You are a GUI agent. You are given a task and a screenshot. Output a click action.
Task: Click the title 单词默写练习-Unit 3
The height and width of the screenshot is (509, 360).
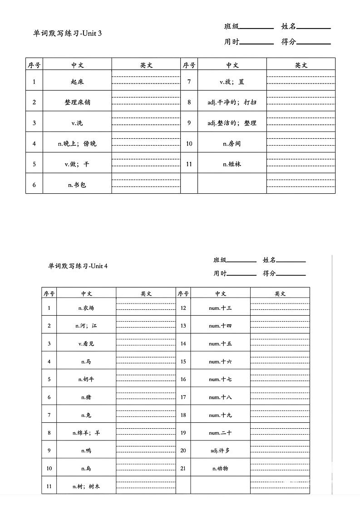(68, 33)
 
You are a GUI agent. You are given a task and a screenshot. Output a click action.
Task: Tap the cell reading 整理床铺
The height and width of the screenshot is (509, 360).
(78, 102)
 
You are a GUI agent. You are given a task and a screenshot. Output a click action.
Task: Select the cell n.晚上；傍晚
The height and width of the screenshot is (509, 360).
(78, 143)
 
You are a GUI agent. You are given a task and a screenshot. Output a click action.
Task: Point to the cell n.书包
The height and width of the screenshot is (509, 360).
(78, 185)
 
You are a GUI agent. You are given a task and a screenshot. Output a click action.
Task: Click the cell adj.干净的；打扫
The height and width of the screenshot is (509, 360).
(232, 102)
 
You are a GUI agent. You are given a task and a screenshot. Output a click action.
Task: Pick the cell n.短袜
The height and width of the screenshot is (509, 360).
(232, 164)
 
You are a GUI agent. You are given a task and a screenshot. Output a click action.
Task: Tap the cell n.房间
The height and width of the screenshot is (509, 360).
(232, 143)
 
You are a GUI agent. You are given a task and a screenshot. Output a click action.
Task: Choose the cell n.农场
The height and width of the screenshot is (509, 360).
(86, 308)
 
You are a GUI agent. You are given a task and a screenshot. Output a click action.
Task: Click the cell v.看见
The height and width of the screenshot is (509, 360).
(86, 343)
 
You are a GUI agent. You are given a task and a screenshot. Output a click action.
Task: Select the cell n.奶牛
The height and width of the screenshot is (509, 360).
(86, 379)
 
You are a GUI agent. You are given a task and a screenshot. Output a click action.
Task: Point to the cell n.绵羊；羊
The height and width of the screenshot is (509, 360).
(86, 433)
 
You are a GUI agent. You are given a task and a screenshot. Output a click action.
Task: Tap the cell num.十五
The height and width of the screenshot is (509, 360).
(220, 343)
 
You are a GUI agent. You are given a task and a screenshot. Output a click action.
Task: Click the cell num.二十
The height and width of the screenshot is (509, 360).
(220, 433)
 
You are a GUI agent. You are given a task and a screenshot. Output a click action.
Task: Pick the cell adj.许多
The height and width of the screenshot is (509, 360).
(220, 450)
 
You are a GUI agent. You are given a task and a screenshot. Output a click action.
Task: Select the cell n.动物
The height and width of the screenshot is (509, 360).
(220, 468)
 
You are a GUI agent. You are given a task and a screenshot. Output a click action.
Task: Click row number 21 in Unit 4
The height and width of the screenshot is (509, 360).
(183, 468)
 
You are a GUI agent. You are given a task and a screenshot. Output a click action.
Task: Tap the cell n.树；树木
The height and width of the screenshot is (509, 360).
(86, 486)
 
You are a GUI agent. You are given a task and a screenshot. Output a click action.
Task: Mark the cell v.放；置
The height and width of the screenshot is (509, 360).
(232, 82)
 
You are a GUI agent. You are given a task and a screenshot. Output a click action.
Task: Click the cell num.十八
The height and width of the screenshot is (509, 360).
(220, 415)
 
